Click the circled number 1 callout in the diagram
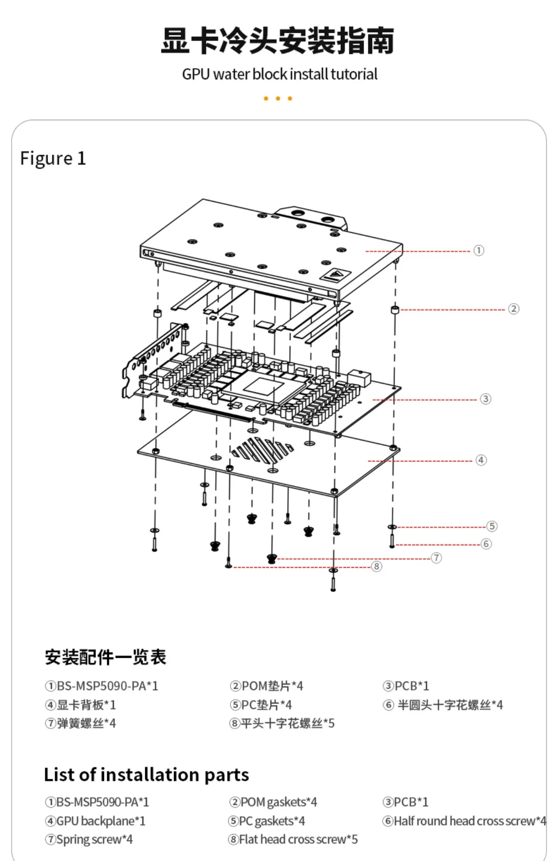tap(479, 250)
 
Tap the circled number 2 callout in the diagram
tap(513, 309)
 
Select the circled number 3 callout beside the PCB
tap(486, 399)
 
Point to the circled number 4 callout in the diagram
tap(481, 460)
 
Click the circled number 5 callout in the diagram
tap(492, 526)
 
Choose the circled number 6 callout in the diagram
tap(486, 544)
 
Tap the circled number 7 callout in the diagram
tap(436, 558)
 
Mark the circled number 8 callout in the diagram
tap(377, 566)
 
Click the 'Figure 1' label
tap(53, 159)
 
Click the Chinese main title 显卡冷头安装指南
tap(278, 41)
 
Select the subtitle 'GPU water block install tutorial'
tap(279, 74)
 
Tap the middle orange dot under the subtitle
tap(278, 99)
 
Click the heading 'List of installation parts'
tap(146, 775)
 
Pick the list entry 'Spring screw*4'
tap(89, 839)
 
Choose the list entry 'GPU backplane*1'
tap(95, 821)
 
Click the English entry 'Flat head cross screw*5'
tap(293, 839)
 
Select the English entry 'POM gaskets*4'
tap(273, 802)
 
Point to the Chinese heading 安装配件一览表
tap(105, 657)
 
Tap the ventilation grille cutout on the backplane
tap(262, 449)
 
